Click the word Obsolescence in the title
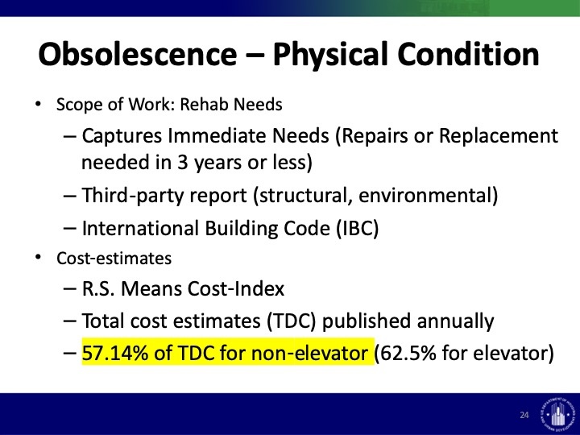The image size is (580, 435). pos(137,54)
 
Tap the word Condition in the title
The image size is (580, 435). pos(468,54)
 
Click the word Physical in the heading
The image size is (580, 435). pos(330,55)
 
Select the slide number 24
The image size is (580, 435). pos(524,415)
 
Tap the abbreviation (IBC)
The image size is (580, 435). pos(358,228)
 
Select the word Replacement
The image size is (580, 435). pos(499,136)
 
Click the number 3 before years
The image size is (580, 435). pos(182,162)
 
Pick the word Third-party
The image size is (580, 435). pos(133,195)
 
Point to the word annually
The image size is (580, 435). pos(455,321)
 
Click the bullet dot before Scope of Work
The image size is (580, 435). pos(37,104)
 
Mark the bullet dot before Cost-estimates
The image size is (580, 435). pos(37,258)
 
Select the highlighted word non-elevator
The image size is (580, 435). pos(309,353)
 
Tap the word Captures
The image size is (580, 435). pos(122,136)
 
